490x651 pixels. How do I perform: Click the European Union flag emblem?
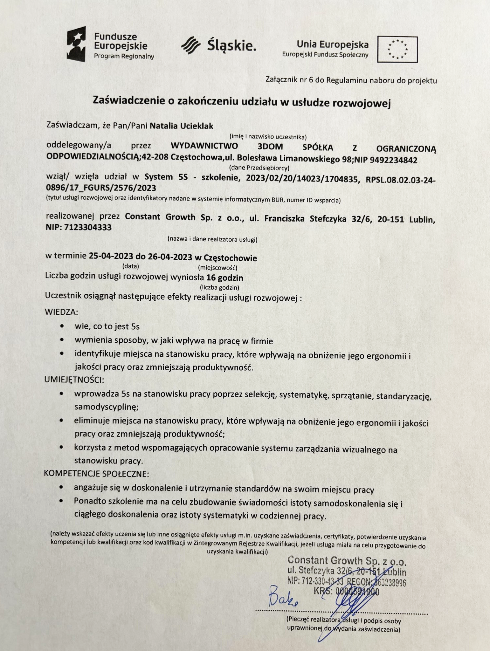pos(397,49)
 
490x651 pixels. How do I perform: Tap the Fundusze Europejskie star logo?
pos(76,44)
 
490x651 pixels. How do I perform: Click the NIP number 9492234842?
pos(393,160)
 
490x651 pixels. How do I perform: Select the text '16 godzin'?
pos(224,278)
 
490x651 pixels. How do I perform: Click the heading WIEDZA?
pos(61,312)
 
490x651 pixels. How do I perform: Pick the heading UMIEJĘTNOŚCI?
pos(74,380)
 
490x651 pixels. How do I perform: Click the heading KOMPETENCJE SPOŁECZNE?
pos(96,474)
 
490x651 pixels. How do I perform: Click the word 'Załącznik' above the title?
pos(281,80)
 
